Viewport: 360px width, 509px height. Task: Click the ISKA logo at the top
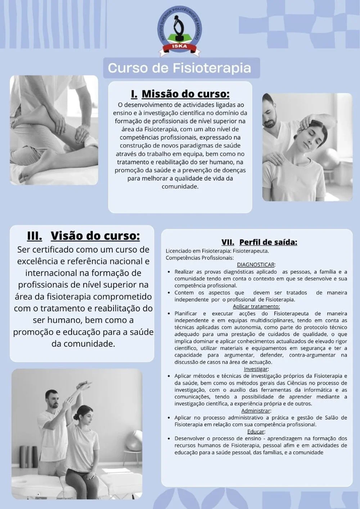180,31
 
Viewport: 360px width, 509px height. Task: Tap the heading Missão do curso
185,94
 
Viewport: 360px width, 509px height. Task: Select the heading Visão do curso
95,236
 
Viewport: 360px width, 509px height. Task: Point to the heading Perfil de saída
268,242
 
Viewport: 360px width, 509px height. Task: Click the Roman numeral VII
228,242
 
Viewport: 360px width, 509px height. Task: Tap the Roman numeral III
35,236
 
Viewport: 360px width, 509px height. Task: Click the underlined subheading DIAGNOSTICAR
256,265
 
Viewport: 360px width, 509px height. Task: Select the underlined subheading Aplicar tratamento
256,306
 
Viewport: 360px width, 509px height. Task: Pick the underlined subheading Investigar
256,369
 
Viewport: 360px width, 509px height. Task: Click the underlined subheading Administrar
256,410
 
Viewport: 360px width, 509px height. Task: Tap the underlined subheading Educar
256,432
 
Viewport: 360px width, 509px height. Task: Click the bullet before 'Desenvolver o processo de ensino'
169,438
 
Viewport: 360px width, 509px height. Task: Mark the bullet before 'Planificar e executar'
169,314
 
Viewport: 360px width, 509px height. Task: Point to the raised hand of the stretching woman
84,385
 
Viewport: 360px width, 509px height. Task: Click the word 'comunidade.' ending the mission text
180,187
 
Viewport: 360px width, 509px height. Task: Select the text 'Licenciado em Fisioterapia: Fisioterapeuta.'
217,251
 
